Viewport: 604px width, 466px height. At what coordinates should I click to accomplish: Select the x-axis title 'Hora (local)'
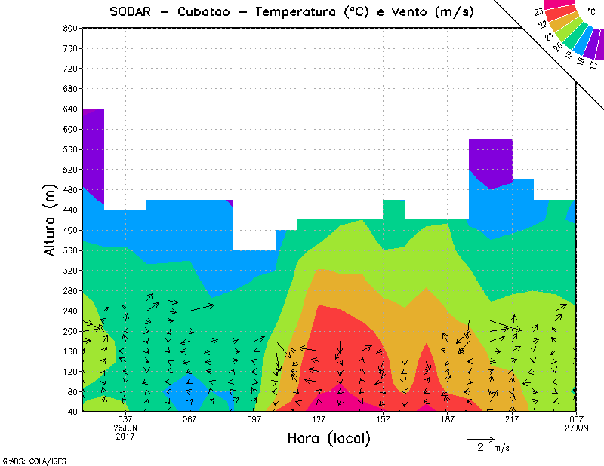pos(328,438)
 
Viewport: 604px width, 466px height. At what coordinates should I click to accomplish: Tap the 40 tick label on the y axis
pos(72,412)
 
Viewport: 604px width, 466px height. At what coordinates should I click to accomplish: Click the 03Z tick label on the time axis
pos(125,419)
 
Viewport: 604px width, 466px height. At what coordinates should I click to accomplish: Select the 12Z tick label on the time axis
pos(319,419)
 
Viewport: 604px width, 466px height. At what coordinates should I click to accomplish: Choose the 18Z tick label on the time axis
pos(448,419)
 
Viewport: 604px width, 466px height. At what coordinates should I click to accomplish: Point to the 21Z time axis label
pos(512,419)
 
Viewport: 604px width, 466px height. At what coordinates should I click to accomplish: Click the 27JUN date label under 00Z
pos(577,428)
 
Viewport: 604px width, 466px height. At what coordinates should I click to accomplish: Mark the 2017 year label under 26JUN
pos(125,436)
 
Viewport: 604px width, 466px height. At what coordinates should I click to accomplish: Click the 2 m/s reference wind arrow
pos(480,439)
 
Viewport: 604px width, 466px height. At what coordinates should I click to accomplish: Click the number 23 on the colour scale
pos(538,11)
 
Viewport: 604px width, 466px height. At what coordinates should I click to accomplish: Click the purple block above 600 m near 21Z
pos(491,161)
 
